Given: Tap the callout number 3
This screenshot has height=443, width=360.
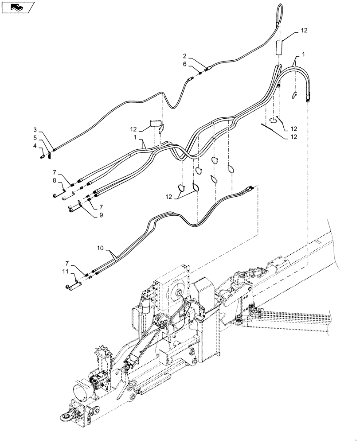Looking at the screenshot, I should (35, 129).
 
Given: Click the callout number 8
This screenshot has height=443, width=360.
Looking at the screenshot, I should (55, 180).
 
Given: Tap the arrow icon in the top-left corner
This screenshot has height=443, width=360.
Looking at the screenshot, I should (18, 7).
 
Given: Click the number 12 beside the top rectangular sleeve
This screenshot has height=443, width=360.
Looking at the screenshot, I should (303, 31).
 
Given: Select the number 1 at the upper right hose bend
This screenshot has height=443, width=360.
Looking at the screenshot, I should (303, 54).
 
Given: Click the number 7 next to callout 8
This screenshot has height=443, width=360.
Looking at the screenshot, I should (55, 171).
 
